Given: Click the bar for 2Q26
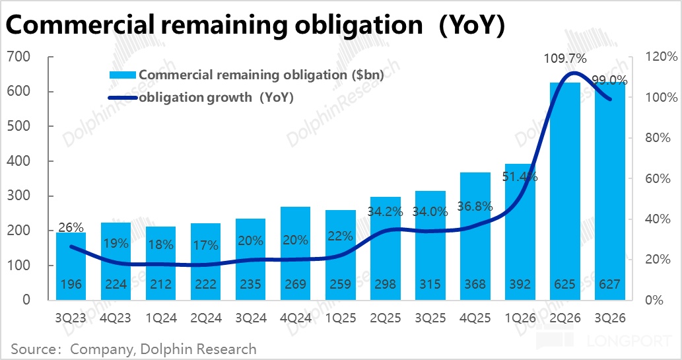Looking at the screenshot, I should click(564, 192).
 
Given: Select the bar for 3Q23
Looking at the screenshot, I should click(71, 264).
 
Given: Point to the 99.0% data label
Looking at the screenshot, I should click(609, 80).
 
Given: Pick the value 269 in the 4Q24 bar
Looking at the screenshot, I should click(295, 285).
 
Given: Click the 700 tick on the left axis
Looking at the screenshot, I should click(20, 57).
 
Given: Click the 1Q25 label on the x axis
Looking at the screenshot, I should click(340, 318).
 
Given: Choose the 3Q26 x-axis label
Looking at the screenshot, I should click(609, 318).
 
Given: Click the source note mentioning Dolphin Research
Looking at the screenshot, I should click(134, 348).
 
